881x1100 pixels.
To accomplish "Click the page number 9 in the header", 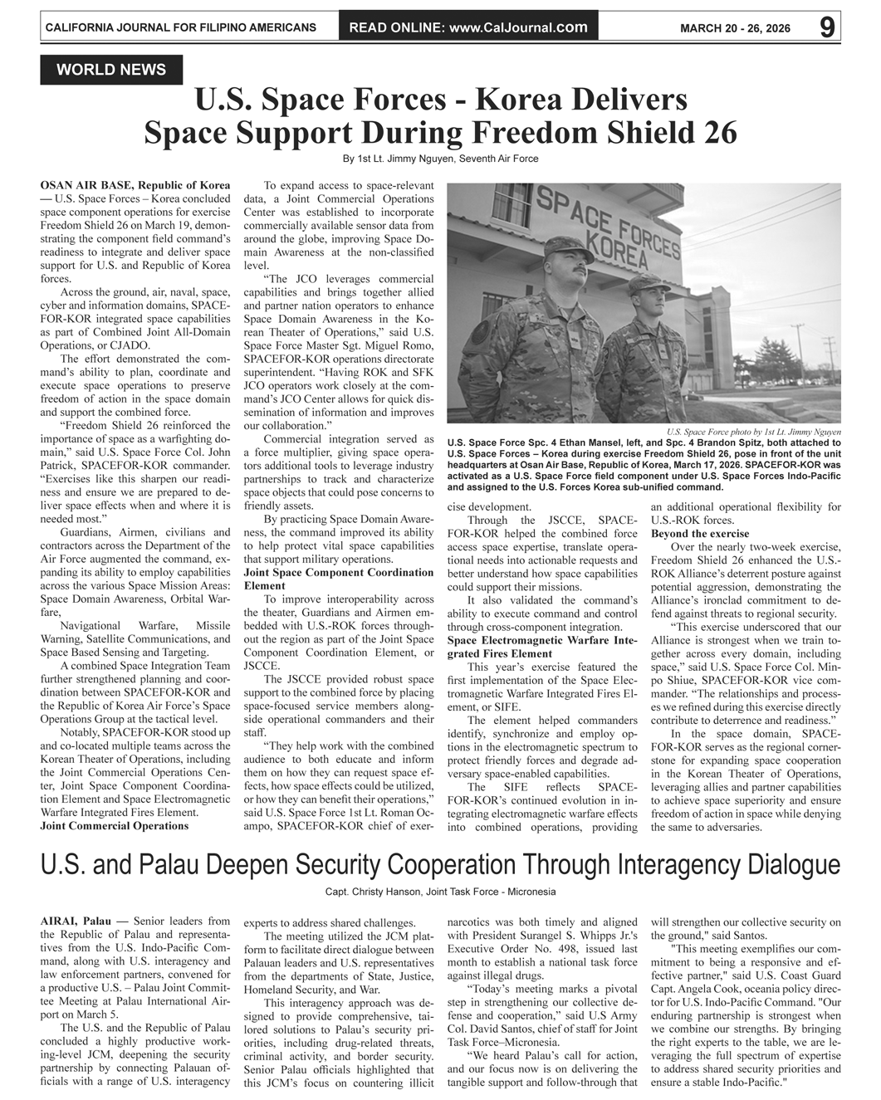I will tap(826, 27).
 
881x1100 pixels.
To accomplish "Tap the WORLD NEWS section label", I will tap(111, 71).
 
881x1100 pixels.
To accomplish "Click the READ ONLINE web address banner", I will tap(468, 27).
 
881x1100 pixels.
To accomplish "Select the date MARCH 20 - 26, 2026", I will tap(735, 28).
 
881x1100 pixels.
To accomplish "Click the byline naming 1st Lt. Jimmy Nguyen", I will tap(440, 159).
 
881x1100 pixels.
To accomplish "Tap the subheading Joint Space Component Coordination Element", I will tap(339, 579).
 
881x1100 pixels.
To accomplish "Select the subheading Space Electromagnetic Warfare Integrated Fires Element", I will tap(542, 648).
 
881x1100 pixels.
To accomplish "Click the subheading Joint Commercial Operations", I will tap(115, 826).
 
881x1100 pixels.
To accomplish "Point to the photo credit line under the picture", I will tap(754, 432).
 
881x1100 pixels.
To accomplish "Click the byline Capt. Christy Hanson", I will tap(440, 892).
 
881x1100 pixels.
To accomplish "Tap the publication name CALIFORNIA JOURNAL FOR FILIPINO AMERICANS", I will tap(180, 27).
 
